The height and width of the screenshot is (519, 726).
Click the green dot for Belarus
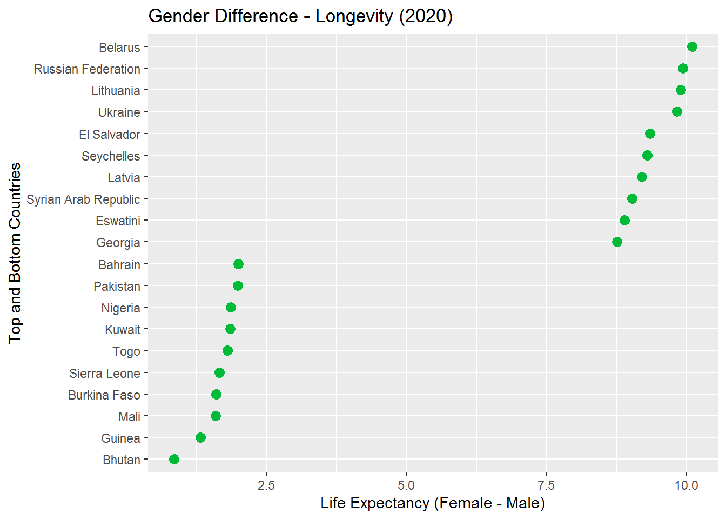[x=692, y=47]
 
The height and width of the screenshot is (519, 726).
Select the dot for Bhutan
[x=174, y=460]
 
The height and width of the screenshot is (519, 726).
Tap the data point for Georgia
[x=617, y=242]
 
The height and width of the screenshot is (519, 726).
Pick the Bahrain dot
[x=238, y=264]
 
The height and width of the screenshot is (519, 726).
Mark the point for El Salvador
[x=650, y=134]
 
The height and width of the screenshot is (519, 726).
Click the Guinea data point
[x=200, y=438]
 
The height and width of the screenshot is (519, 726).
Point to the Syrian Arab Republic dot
[x=632, y=199]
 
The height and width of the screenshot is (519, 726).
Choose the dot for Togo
[x=227, y=351]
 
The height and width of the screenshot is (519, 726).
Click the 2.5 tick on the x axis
[x=266, y=485]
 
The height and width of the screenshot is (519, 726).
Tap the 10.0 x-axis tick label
[x=686, y=485]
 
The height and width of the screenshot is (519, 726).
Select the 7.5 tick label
[x=546, y=485]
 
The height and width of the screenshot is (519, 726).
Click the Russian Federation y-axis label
[x=87, y=69]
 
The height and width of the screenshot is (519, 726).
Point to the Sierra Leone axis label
[x=104, y=374]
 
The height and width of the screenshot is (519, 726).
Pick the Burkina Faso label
[x=104, y=395]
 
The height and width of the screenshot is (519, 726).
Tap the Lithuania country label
[x=116, y=91]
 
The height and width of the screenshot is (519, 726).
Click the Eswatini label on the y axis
[x=118, y=221]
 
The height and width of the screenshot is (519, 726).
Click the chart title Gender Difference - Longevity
[x=300, y=16]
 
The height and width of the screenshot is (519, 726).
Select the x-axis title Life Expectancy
[x=433, y=503]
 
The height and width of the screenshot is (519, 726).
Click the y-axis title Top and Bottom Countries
[x=15, y=252]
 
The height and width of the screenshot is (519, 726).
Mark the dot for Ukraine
[x=677, y=112]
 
